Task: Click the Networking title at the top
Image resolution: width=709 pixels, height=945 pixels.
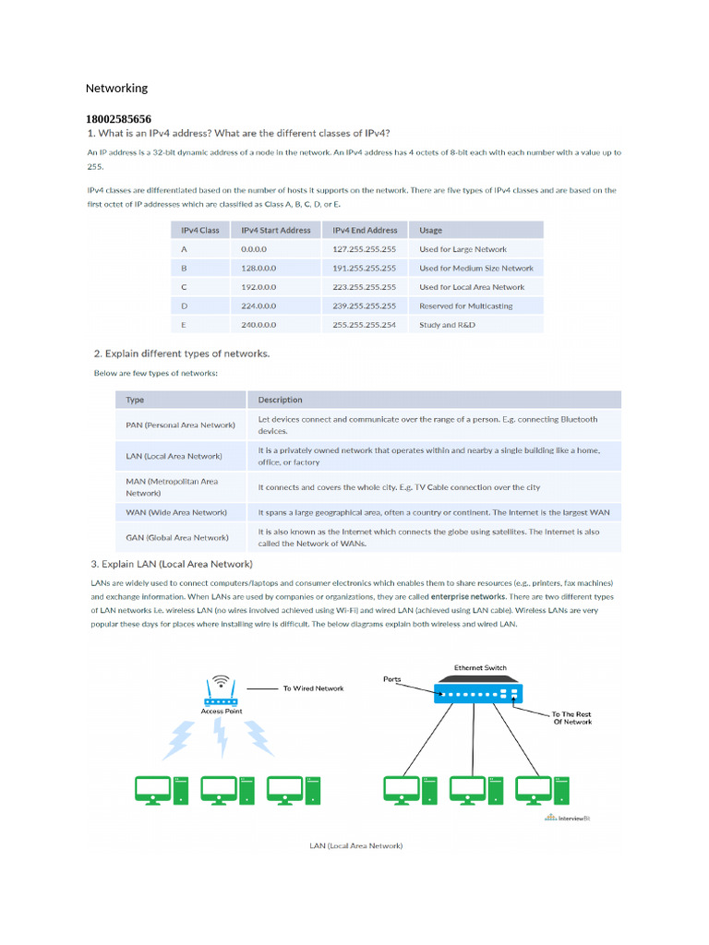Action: pyautogui.click(x=116, y=89)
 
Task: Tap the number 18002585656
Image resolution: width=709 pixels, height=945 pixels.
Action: pyautogui.click(x=118, y=120)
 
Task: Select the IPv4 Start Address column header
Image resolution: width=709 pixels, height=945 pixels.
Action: pyautogui.click(x=275, y=231)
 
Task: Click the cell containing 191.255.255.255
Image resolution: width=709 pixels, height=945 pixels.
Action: pyautogui.click(x=364, y=269)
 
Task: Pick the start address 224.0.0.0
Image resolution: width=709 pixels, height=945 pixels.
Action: pyautogui.click(x=258, y=306)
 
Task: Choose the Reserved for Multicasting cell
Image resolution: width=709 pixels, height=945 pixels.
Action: pyautogui.click(x=465, y=306)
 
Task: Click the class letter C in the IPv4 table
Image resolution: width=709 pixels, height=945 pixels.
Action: pyautogui.click(x=185, y=287)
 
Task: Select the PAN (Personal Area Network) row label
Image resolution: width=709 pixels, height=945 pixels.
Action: pyautogui.click(x=180, y=425)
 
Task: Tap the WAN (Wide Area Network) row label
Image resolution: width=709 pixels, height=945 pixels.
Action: pyautogui.click(x=176, y=512)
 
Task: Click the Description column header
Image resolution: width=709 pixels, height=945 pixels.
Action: pyautogui.click(x=280, y=401)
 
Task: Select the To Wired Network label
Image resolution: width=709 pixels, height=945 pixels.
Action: pyautogui.click(x=313, y=688)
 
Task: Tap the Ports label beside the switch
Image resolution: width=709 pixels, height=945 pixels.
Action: pyautogui.click(x=393, y=679)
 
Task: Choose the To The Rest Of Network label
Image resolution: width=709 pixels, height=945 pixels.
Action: pyautogui.click(x=571, y=718)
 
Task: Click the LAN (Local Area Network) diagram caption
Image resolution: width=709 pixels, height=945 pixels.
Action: pyautogui.click(x=355, y=845)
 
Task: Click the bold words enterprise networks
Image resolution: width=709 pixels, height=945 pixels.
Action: pyautogui.click(x=469, y=597)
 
